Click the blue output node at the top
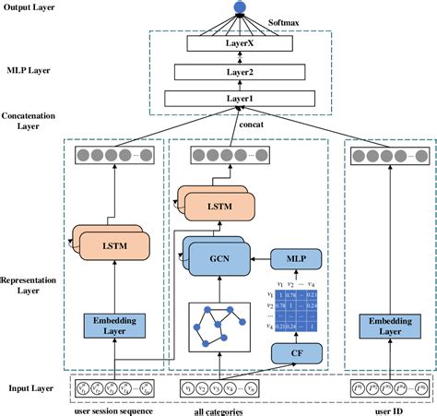click(241, 7)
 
